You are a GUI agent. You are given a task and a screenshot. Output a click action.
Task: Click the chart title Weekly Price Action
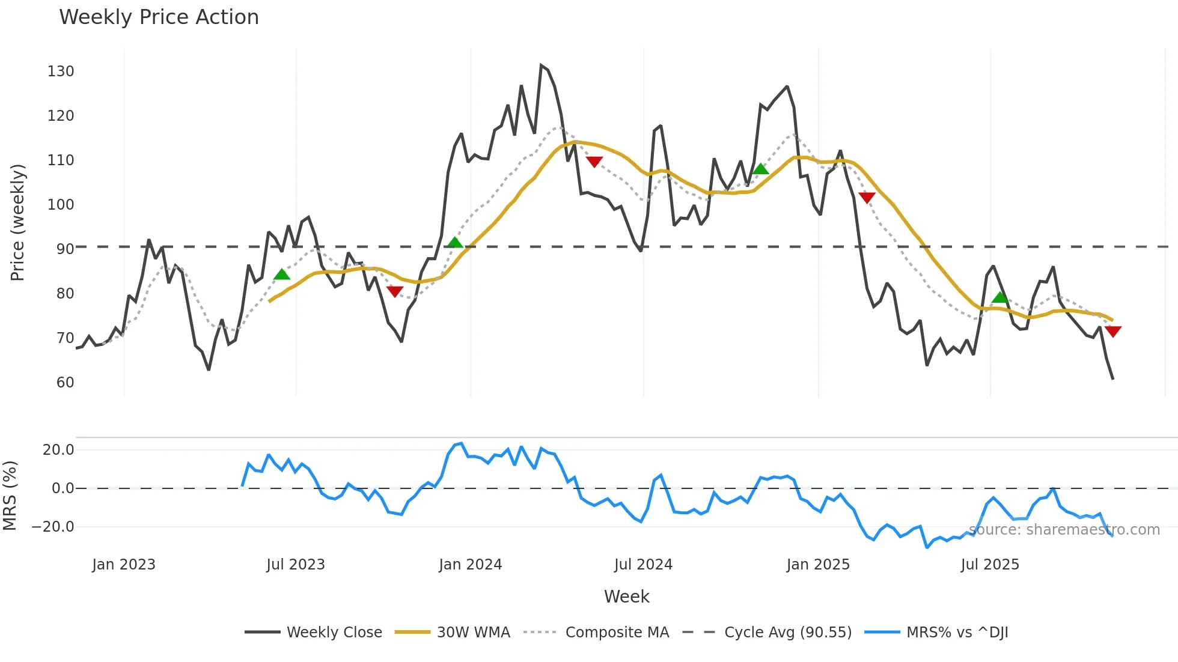pos(159,17)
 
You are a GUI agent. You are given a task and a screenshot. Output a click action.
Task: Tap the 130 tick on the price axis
pos(61,71)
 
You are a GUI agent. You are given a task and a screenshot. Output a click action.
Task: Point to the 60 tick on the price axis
pos(65,383)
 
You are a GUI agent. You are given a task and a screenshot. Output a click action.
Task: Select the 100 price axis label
pos(61,205)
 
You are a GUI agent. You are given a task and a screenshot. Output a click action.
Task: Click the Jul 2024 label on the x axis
pos(643,565)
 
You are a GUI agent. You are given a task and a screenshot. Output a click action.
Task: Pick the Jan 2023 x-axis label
pos(124,565)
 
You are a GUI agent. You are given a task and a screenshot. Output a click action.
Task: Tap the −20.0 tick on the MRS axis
pos(53,527)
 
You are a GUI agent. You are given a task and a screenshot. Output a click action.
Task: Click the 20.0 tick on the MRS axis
pos(58,450)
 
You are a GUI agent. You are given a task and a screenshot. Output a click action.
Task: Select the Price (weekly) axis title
pos(17,222)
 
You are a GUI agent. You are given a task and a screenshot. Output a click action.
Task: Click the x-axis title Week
pos(626,597)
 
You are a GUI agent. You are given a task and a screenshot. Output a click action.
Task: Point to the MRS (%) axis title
pos(10,496)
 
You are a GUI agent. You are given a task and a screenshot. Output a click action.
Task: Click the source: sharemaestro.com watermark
pos(1064,530)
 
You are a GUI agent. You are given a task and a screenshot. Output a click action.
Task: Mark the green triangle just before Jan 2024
pos(455,243)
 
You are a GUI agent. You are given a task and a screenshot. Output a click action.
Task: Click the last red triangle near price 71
pos(1112,331)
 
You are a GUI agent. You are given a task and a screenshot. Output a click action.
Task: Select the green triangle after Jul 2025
pos(999,297)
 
